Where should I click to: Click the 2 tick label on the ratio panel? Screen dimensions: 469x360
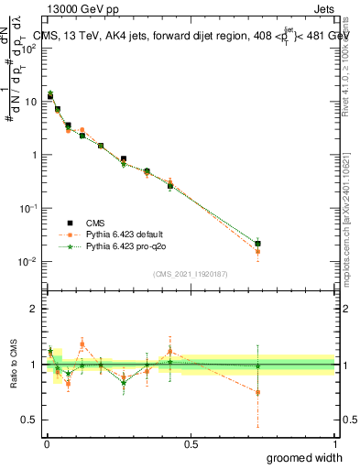tap(34, 309)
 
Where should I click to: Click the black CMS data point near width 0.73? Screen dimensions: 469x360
tap(258, 244)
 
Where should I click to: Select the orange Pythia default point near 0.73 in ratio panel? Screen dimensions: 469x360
tap(258, 392)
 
